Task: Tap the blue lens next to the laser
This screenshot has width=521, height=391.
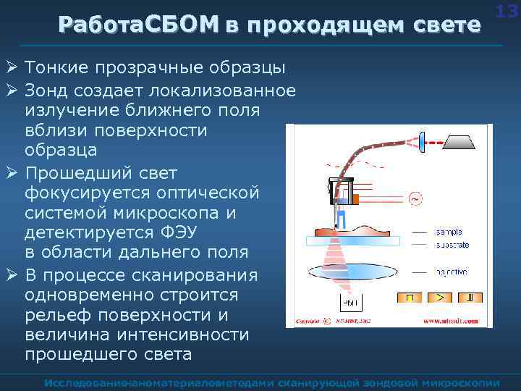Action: (423, 142)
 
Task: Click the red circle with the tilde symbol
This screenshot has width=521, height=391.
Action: (415, 197)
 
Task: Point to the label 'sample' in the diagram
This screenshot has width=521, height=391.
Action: (449, 232)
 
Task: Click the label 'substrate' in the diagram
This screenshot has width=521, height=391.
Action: (452, 245)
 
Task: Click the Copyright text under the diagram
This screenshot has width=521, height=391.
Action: (308, 320)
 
